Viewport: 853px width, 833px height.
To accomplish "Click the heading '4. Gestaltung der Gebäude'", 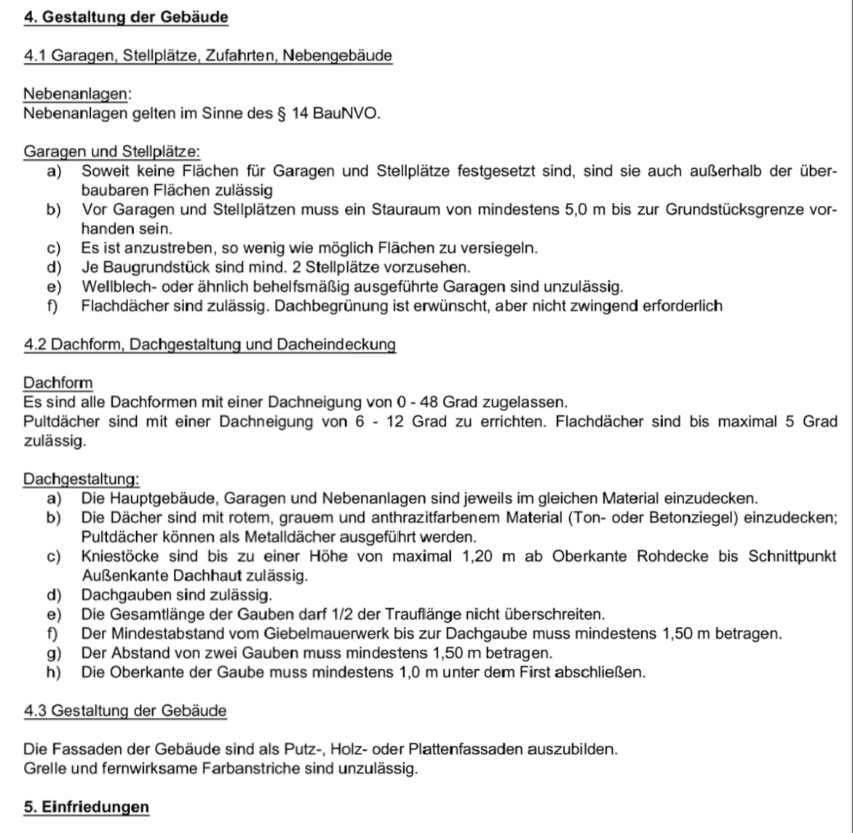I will tap(126, 17).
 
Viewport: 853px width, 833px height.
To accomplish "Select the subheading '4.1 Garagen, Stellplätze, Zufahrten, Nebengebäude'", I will tap(208, 55).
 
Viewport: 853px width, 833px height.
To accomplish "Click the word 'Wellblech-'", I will tap(115, 287).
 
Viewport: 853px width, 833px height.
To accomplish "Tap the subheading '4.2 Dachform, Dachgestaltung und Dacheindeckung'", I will tap(210, 344).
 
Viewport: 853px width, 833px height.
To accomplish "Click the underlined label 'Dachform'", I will tap(58, 383).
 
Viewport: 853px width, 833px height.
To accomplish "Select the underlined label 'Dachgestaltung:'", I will tap(82, 479).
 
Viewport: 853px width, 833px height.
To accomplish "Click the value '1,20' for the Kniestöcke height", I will tap(478, 557).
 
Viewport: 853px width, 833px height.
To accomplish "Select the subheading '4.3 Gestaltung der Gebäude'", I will tap(125, 710).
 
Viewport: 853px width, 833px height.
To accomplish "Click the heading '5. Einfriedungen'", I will tap(87, 807).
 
